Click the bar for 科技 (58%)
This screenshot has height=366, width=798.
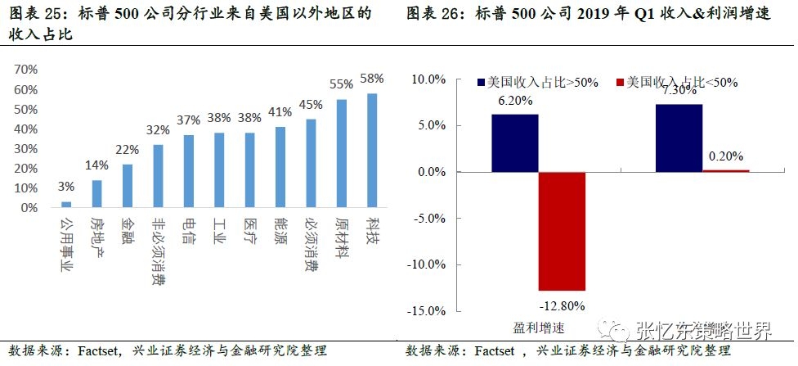[x=372, y=151]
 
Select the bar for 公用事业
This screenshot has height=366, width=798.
[x=66, y=205]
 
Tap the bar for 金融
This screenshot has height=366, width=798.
[x=128, y=186]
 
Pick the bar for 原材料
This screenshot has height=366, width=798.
[x=342, y=153]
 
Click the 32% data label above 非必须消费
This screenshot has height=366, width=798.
[x=158, y=129]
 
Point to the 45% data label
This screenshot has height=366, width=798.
[x=311, y=104]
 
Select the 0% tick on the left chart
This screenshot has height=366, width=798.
[x=31, y=208]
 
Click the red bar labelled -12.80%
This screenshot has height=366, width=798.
[x=562, y=231]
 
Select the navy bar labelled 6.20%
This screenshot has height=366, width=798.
[x=514, y=143]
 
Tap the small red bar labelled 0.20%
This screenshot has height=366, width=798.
[x=725, y=170]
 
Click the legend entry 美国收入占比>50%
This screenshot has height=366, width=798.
[x=536, y=82]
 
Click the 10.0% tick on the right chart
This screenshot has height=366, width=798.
[x=427, y=79]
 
